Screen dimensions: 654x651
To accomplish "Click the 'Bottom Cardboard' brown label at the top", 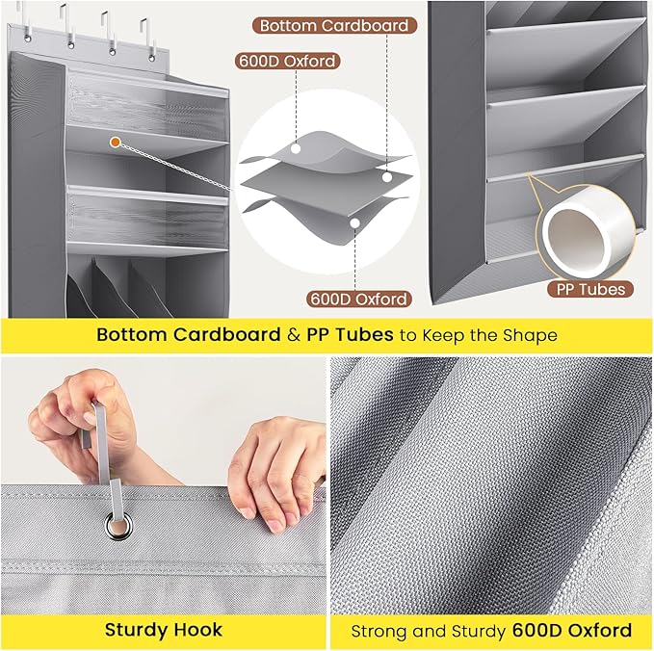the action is click(334, 25).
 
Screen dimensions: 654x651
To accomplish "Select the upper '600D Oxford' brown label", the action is click(287, 62).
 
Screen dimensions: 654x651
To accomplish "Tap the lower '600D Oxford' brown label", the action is click(359, 299).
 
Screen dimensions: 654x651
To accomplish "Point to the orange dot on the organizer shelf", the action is click(116, 143).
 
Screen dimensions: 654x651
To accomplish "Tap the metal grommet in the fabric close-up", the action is click(118, 527).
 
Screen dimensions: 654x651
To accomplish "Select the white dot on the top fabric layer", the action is click(296, 148).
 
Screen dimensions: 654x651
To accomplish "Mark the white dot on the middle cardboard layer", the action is click(387, 177).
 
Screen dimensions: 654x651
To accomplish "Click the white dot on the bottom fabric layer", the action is click(354, 223).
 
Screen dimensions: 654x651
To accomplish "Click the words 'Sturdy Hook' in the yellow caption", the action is click(164, 630).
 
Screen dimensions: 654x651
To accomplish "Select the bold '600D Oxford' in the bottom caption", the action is click(572, 630).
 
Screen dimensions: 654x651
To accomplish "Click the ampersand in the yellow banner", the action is click(294, 335).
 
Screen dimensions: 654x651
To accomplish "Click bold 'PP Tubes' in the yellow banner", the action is click(350, 334).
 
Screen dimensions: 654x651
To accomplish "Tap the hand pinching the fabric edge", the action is click(278, 471).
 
